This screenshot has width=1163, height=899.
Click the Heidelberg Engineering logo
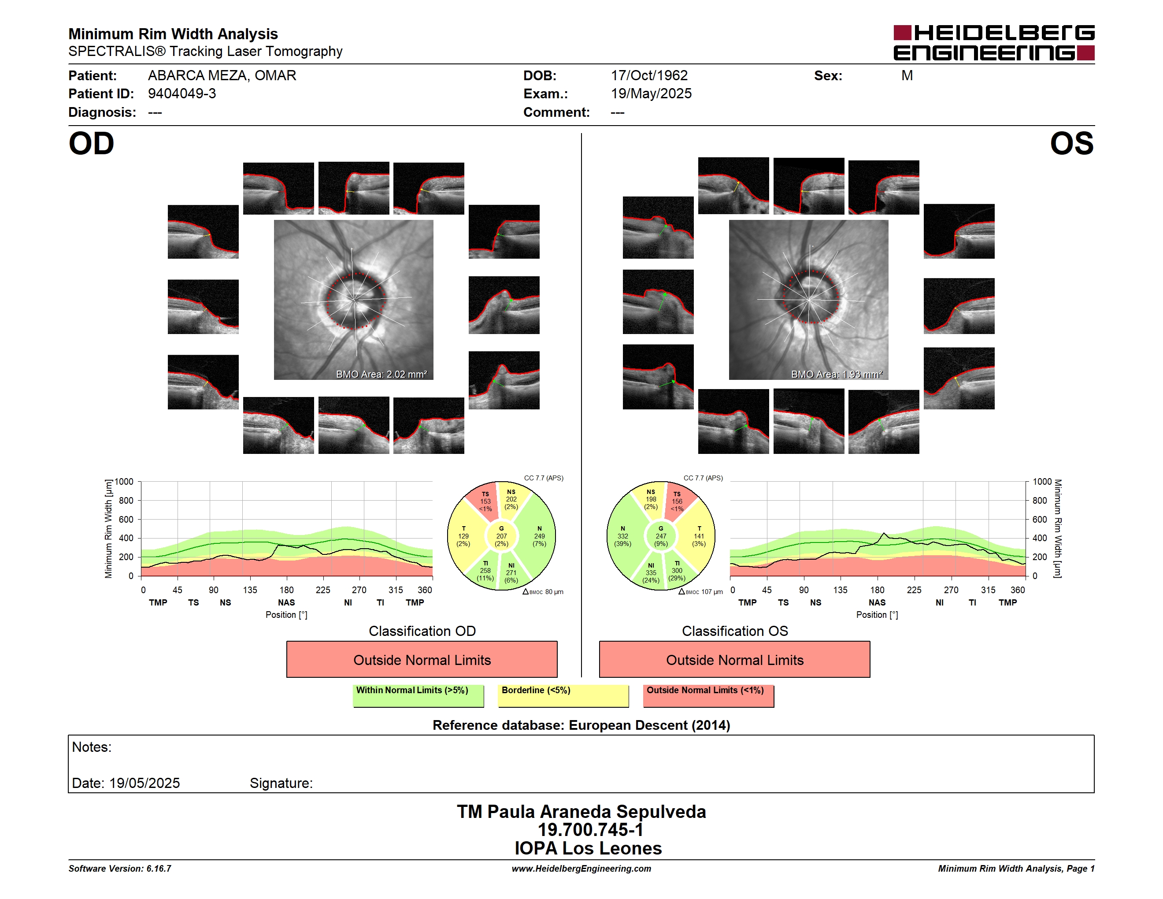tap(994, 43)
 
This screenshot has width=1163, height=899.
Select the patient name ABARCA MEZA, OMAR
tap(222, 76)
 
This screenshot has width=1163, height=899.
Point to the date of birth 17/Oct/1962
tap(649, 76)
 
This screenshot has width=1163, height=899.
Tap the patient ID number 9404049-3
tap(182, 94)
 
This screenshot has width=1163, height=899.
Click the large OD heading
tap(92, 144)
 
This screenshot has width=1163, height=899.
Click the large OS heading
tap(1071, 144)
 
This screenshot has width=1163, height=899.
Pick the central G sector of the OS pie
tap(661, 536)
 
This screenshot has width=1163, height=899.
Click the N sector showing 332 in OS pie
tap(624, 536)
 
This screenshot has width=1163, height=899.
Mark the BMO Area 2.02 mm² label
tap(381, 375)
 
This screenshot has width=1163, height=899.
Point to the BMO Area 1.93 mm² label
tap(837, 375)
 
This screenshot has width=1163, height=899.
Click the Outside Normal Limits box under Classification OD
tap(422, 659)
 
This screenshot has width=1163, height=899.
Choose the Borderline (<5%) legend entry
tap(563, 695)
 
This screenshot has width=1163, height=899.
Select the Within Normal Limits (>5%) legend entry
tap(418, 695)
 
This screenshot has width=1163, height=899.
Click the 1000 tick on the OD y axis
tap(124, 482)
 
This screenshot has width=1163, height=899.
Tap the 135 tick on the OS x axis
tap(840, 590)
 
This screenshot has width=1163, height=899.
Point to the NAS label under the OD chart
tap(286, 602)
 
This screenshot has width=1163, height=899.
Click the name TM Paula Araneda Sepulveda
tap(581, 811)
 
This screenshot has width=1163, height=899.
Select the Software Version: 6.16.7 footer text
tap(120, 869)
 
